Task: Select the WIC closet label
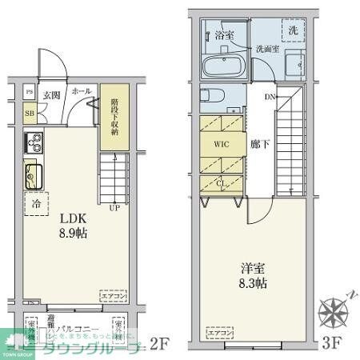click(222, 146)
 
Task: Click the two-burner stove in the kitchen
click(34, 145)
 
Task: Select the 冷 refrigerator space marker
click(36, 204)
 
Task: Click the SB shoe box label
click(30, 114)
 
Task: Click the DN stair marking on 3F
click(270, 97)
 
